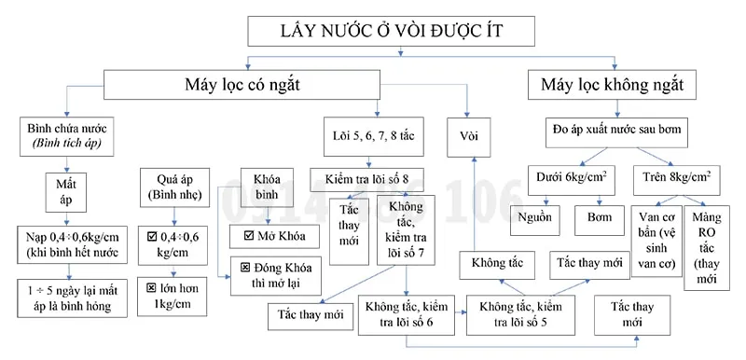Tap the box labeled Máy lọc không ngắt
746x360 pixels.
click(618, 86)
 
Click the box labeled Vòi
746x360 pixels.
click(469, 134)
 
